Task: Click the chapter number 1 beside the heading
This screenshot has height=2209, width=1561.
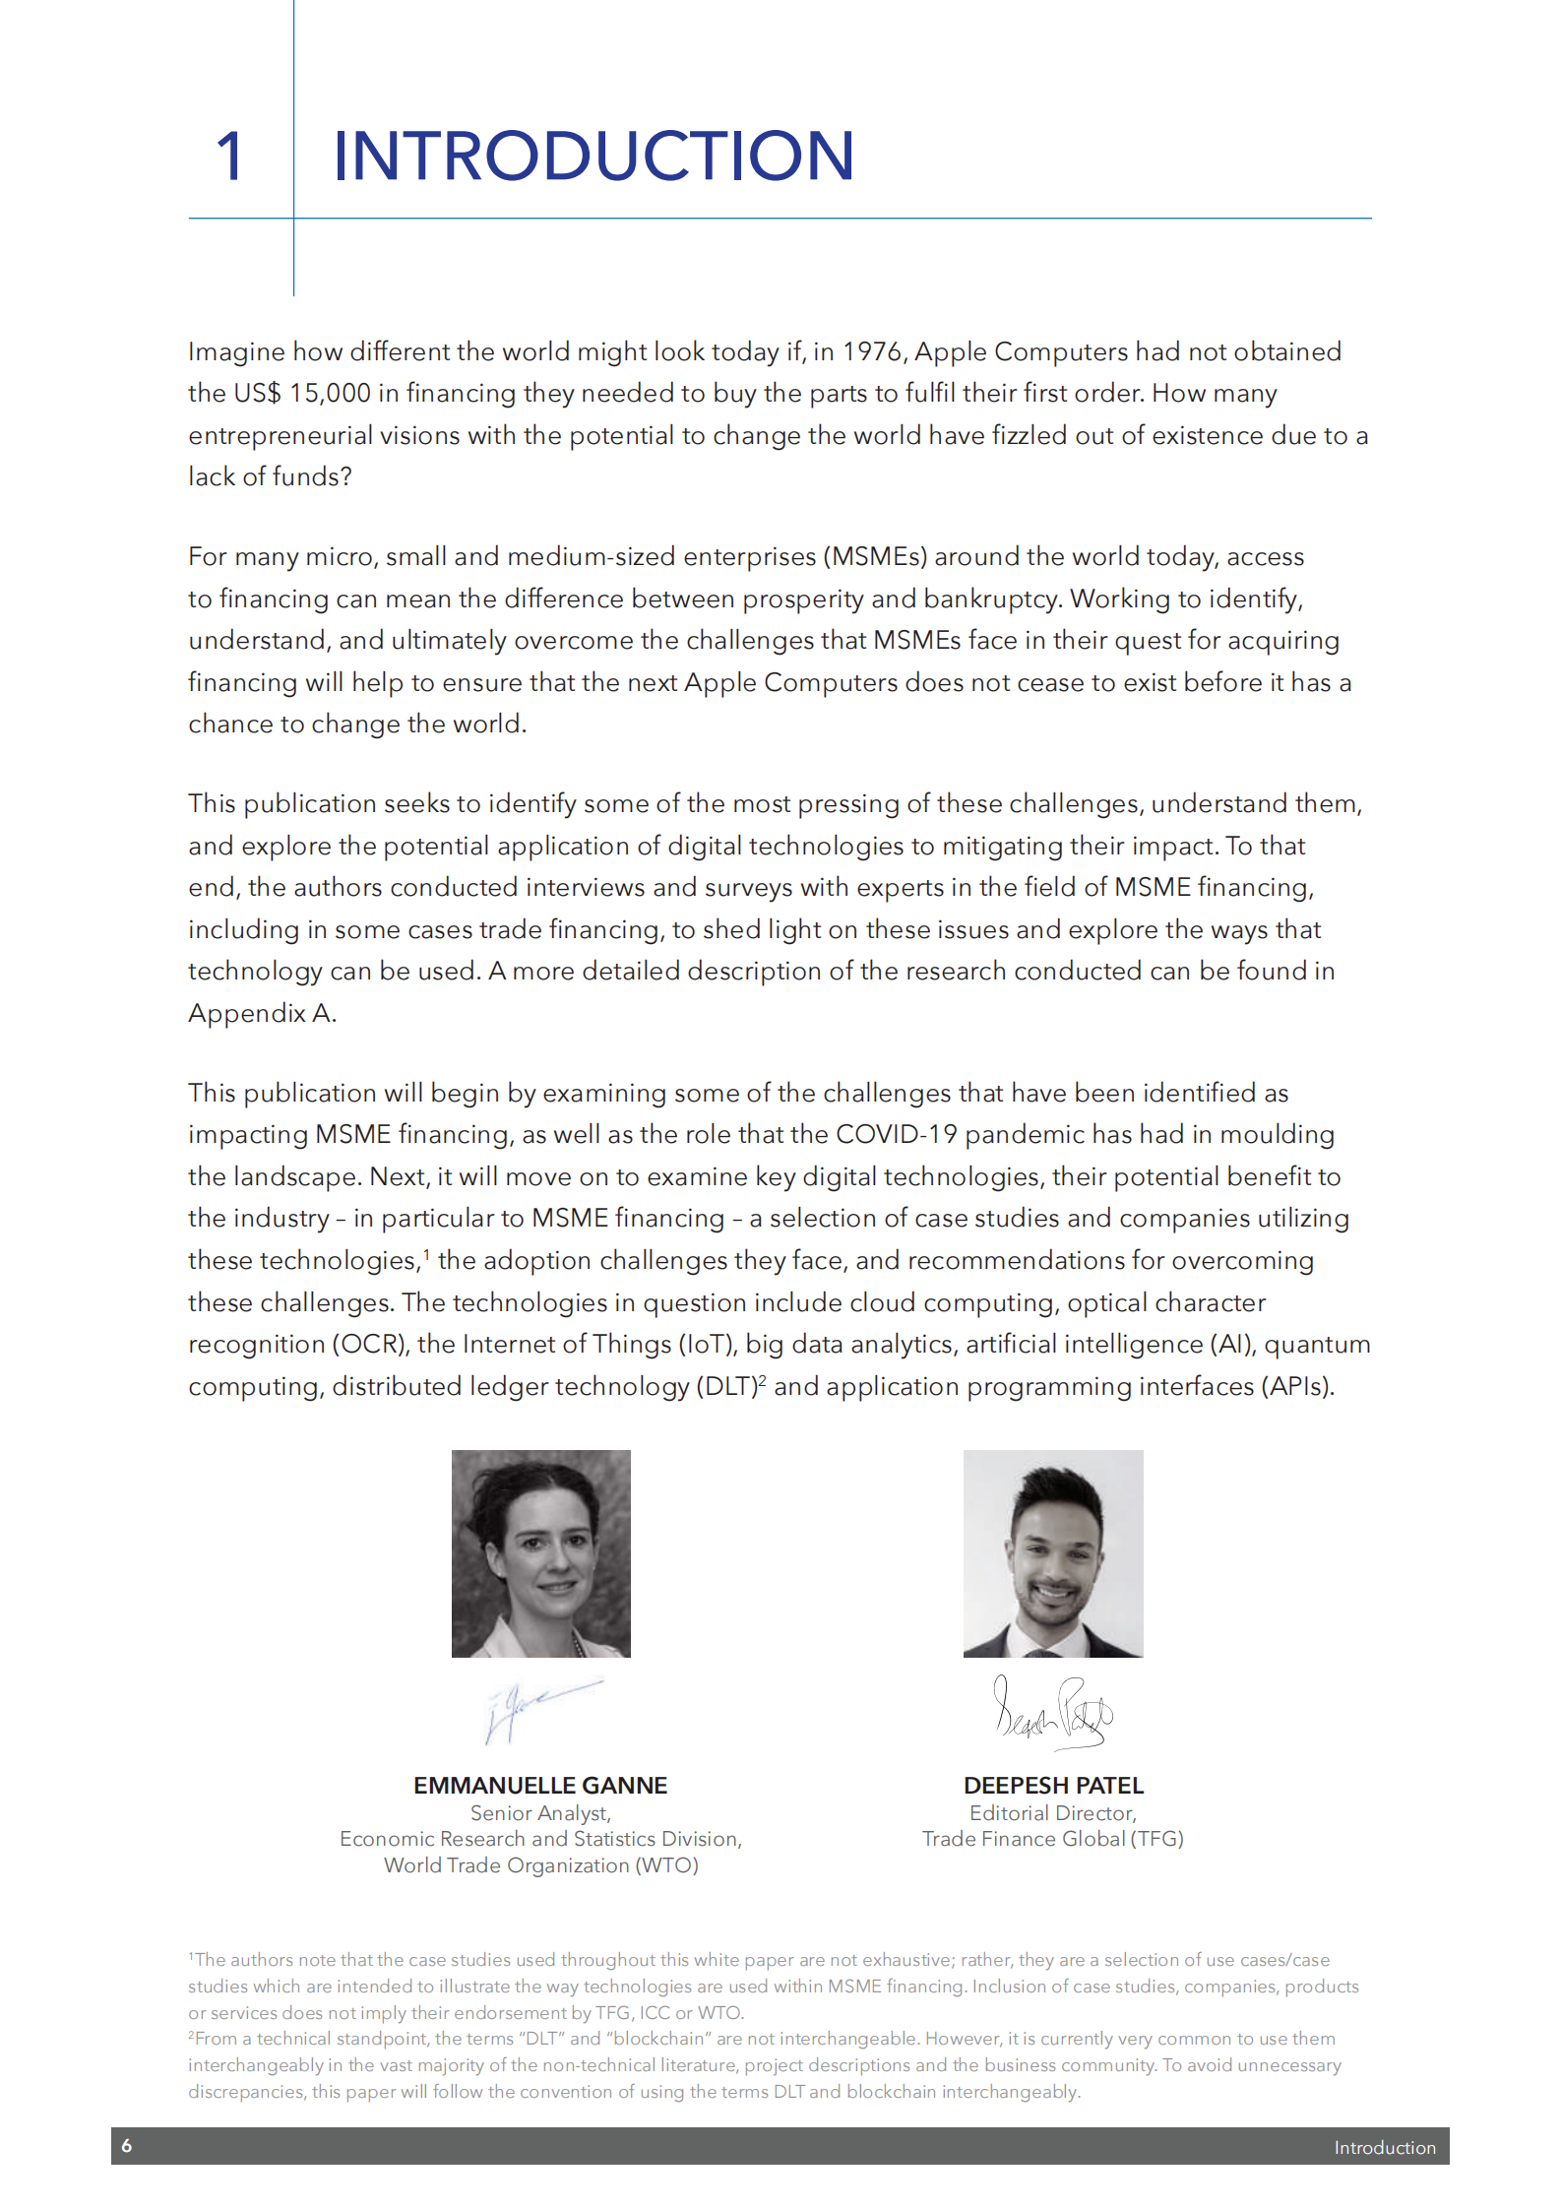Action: (229, 158)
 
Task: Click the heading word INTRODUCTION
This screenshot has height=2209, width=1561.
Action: (593, 157)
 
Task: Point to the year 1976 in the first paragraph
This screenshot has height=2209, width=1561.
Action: (872, 352)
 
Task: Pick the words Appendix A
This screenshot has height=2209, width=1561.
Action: (261, 1014)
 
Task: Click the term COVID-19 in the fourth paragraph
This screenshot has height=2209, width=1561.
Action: (896, 1135)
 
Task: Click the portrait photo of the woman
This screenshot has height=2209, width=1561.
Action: (540, 1553)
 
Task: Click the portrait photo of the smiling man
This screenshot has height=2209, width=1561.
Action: (1052, 1553)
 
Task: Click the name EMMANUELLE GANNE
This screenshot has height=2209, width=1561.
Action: (540, 1786)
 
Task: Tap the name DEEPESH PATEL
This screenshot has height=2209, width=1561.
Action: (1053, 1786)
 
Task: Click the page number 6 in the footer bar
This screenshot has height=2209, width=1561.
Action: (127, 2146)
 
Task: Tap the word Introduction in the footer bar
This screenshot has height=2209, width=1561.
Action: (1385, 2148)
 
